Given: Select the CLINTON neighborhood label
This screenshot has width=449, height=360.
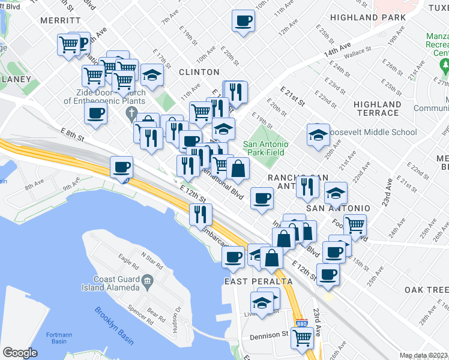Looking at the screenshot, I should click(199, 72).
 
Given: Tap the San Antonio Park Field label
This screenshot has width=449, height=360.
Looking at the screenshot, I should click(266, 148).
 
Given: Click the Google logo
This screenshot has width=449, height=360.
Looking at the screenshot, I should click(20, 353).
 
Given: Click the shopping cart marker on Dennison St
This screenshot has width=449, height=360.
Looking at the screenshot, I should click(302, 338).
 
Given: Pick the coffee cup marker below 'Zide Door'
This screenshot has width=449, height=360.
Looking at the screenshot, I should click(96, 114).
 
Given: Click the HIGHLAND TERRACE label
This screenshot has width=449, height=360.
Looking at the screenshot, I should click(376, 109).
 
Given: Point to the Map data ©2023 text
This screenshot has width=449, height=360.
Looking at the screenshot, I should click(423, 355).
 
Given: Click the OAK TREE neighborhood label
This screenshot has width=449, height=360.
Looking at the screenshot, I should click(426, 290).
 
